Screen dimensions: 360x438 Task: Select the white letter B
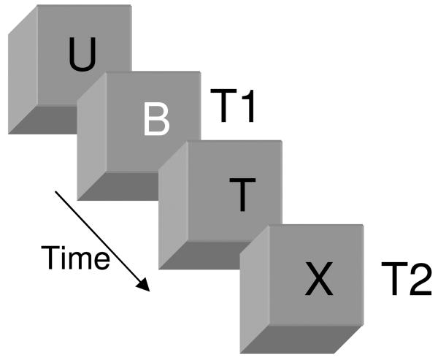pyautogui.click(x=155, y=120)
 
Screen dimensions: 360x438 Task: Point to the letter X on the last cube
pyautogui.click(x=319, y=277)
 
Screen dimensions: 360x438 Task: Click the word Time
pyautogui.click(x=74, y=258)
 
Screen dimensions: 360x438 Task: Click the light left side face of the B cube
pyautogui.click(x=91, y=139)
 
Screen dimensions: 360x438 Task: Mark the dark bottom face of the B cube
pyautogui.click(x=131, y=186)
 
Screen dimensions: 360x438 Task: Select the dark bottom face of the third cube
pyautogui.click(x=212, y=256)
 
